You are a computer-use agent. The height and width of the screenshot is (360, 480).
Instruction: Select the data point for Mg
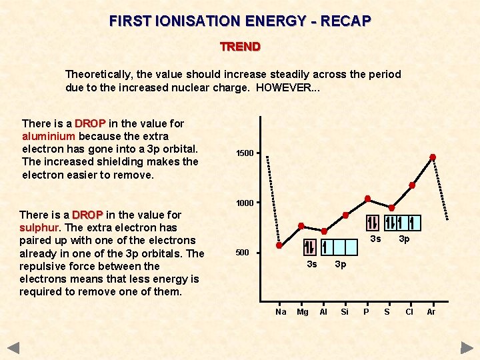(x=301, y=226)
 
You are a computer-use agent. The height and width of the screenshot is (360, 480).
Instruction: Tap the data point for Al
(x=324, y=231)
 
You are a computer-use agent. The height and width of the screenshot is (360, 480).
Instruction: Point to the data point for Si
(x=346, y=215)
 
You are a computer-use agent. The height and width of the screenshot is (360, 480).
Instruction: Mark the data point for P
(x=367, y=199)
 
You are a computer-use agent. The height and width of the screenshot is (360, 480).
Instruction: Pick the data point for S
(x=392, y=207)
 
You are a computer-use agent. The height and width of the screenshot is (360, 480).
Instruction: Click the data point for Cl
(x=412, y=185)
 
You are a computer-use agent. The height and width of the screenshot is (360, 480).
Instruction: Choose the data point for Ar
(x=433, y=157)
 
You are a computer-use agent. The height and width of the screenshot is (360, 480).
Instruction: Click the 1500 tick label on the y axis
(x=245, y=153)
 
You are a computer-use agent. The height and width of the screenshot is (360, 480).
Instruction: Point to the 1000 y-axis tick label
(x=245, y=203)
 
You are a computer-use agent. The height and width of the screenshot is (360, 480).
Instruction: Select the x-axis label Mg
(x=302, y=311)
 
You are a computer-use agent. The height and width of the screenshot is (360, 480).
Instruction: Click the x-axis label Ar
(x=431, y=311)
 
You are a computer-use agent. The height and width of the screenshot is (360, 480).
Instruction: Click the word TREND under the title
(x=240, y=47)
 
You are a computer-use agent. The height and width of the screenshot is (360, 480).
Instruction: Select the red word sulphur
(x=39, y=227)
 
